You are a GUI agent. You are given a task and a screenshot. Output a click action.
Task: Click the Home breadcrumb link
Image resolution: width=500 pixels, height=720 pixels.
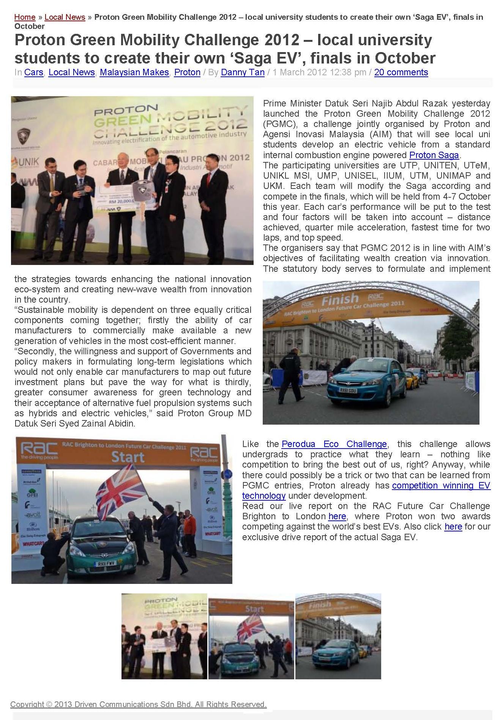click(25, 17)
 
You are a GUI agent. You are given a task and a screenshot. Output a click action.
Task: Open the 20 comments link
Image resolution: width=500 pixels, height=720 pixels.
click(401, 72)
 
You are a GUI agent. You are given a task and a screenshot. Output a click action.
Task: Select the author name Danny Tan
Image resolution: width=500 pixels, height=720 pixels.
click(243, 72)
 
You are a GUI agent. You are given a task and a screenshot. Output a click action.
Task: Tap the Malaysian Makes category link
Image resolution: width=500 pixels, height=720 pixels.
click(134, 72)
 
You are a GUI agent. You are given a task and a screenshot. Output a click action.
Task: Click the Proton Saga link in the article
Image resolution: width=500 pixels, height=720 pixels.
click(434, 155)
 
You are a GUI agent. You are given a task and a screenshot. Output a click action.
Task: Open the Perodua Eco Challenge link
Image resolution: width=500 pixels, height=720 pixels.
click(334, 444)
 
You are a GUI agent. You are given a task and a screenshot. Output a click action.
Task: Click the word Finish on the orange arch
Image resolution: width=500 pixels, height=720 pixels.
click(340, 300)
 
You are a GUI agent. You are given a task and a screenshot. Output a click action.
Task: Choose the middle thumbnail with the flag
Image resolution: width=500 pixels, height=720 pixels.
click(251, 636)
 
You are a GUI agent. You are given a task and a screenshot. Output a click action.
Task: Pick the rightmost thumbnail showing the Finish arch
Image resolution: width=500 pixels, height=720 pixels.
click(338, 636)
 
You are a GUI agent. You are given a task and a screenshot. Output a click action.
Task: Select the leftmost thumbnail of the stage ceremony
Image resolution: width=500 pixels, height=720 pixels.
click(164, 636)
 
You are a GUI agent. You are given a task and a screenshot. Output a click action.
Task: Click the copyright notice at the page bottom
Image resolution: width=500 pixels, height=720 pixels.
click(138, 704)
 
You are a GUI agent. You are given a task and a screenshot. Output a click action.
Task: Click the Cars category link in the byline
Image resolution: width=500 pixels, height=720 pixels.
click(33, 72)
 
